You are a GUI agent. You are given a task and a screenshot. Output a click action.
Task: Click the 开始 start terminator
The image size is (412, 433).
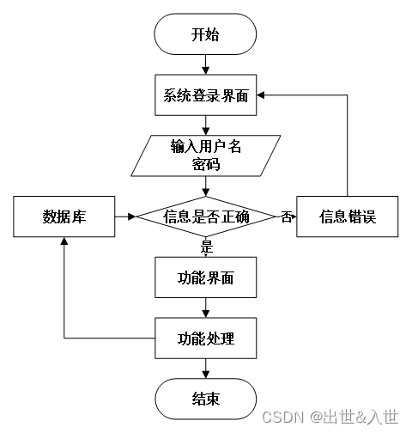click(x=205, y=35)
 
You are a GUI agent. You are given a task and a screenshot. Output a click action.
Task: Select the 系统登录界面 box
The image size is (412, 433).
click(x=206, y=95)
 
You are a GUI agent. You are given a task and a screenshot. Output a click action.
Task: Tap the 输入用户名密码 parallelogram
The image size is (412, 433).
click(x=206, y=155)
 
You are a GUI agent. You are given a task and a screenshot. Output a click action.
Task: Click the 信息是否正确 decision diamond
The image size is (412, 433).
click(x=206, y=216)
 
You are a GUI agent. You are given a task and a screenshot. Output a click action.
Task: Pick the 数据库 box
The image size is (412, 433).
click(x=65, y=216)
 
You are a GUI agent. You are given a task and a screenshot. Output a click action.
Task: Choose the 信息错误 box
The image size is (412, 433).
click(x=348, y=216)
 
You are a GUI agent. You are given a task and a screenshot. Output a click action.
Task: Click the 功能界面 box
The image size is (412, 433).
click(x=206, y=278)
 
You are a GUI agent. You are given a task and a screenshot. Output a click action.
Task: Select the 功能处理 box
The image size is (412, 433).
click(x=206, y=338)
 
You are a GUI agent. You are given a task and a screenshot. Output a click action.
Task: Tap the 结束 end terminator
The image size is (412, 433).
click(x=205, y=399)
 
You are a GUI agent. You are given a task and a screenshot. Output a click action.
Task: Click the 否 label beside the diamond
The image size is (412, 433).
click(x=286, y=217)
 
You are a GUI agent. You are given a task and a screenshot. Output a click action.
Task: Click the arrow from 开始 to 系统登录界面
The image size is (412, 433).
click(x=206, y=65)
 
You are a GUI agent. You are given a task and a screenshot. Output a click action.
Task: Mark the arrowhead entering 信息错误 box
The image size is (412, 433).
click(x=292, y=216)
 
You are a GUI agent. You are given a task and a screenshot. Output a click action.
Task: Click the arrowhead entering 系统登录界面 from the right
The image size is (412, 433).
click(x=263, y=95)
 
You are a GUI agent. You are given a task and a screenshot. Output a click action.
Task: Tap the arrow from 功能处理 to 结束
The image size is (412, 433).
click(x=206, y=369)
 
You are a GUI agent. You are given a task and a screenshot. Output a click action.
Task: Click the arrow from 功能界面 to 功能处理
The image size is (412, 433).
click(x=206, y=308)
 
